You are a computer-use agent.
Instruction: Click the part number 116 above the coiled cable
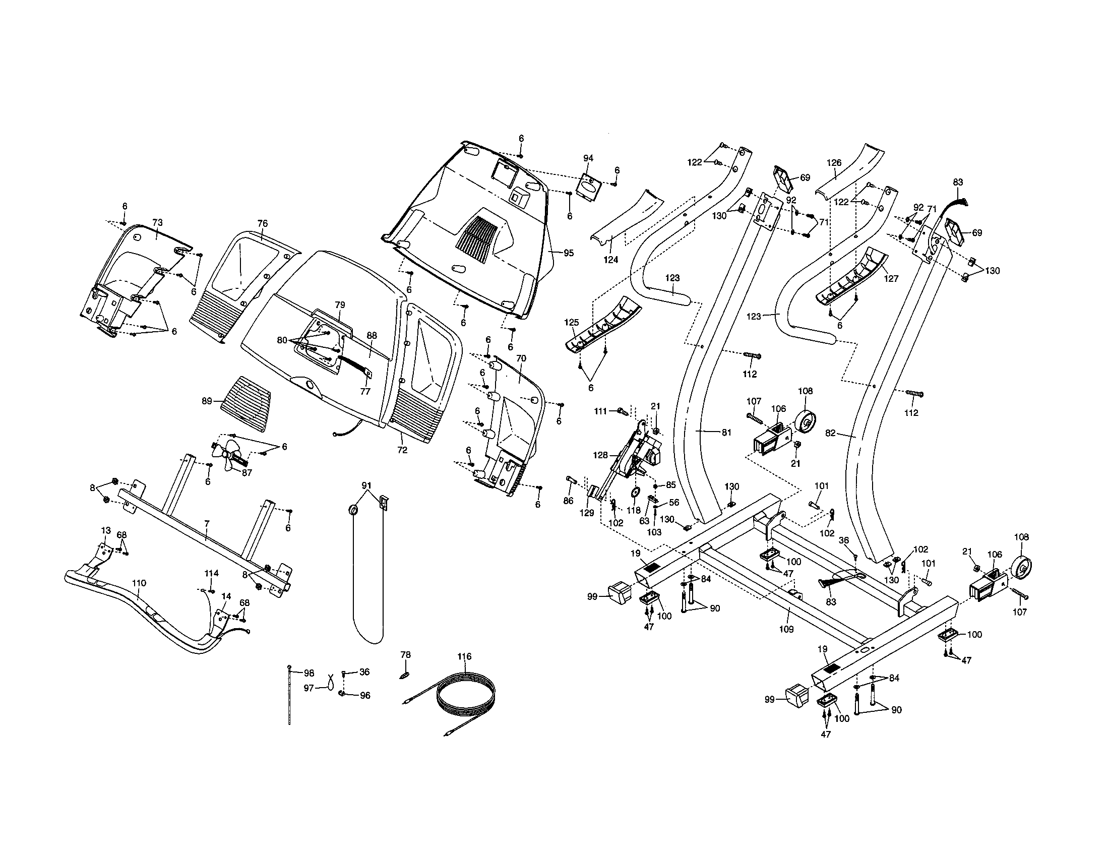tap(464, 656)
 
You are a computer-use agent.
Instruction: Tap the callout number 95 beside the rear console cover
tap(568, 253)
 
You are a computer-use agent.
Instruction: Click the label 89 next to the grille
tap(207, 401)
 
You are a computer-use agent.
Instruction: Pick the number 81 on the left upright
tap(726, 433)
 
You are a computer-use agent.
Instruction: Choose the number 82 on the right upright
tap(830, 434)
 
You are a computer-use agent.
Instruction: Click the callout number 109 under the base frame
tap(786, 629)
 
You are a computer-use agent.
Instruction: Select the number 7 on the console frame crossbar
tap(207, 522)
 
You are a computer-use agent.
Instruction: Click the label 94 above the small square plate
tap(588, 158)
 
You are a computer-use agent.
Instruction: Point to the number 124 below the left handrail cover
tap(611, 260)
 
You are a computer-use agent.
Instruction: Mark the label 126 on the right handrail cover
tap(834, 163)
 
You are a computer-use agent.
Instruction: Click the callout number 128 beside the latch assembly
tap(600, 455)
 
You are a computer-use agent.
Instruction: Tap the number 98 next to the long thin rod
tap(309, 673)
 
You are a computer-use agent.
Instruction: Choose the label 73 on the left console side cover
tap(157, 222)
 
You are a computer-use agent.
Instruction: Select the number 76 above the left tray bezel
tap(262, 223)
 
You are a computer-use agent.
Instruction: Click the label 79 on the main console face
tap(340, 304)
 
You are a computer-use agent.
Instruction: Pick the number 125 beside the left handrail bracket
tap(571, 323)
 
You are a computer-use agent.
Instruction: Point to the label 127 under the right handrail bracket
tap(891, 278)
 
